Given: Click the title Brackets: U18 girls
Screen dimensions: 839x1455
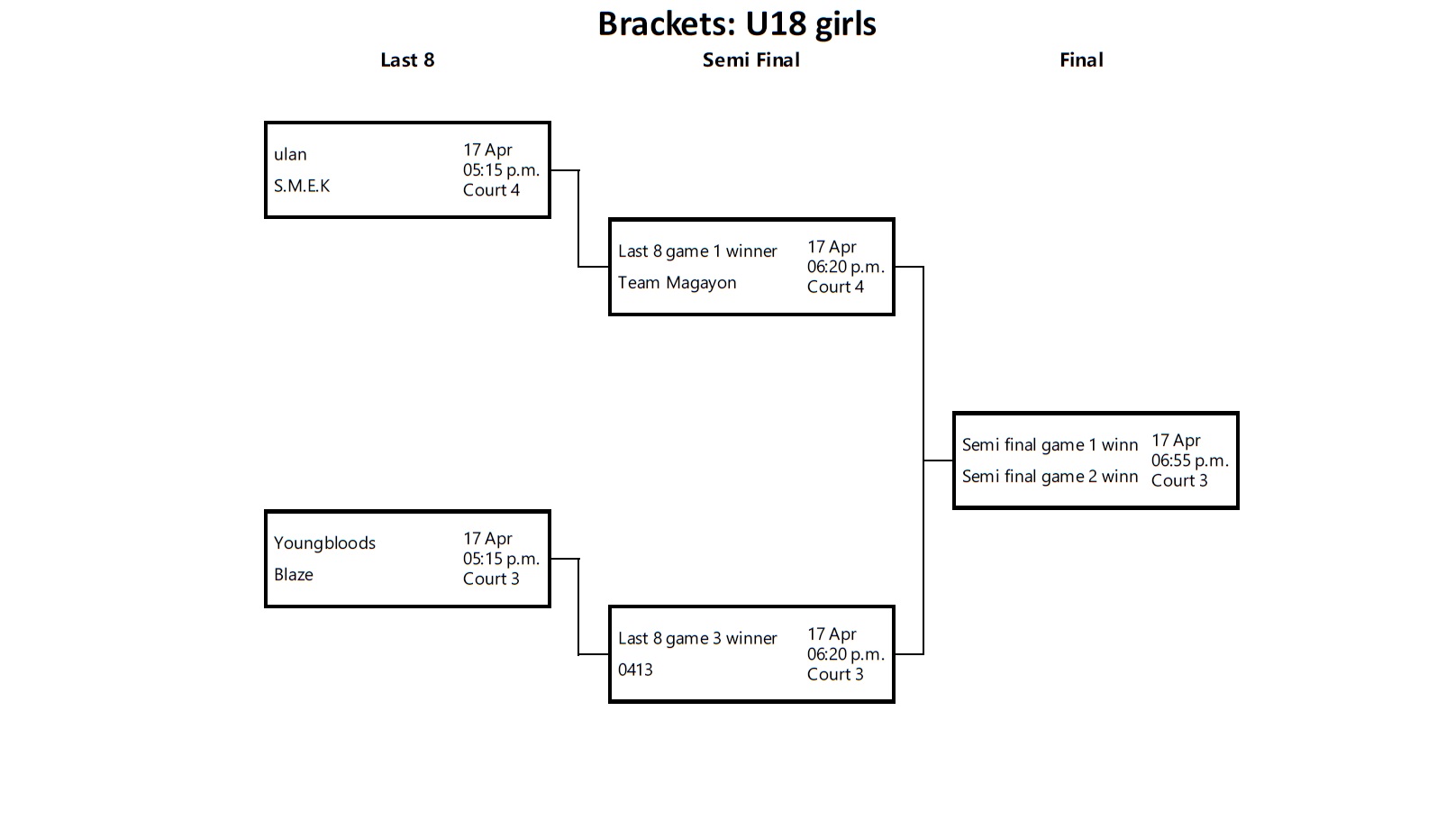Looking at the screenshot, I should (x=736, y=24).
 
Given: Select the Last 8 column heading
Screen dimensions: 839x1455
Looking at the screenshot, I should (x=407, y=60).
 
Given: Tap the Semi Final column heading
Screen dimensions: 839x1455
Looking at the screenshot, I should (x=750, y=60).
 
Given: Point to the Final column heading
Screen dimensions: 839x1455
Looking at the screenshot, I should (x=1081, y=60).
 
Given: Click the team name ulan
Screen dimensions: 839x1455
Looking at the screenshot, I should (x=290, y=155).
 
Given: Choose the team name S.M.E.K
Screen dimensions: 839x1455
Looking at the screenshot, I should (x=302, y=187).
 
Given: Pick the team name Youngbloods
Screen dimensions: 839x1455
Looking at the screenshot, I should (x=324, y=543).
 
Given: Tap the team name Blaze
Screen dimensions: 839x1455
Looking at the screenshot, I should (x=294, y=575).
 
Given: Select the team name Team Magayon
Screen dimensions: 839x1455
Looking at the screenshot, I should (x=677, y=283).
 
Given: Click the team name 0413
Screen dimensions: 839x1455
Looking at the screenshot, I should (x=635, y=670).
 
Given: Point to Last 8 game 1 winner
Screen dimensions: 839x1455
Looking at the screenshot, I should (x=697, y=251).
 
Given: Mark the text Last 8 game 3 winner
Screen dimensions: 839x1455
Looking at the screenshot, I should (x=697, y=639).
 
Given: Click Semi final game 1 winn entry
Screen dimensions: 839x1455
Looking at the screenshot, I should (x=1050, y=445).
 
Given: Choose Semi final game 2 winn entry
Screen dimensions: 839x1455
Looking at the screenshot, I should (x=1050, y=477).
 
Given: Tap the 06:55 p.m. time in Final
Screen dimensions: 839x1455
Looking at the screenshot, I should (x=1189, y=461).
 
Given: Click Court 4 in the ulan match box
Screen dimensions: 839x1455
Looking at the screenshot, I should (x=491, y=190).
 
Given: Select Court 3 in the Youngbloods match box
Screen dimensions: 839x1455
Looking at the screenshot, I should (x=491, y=579).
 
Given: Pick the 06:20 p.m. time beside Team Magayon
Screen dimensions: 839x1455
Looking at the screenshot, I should (x=845, y=267).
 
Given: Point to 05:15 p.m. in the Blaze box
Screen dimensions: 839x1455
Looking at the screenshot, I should (x=501, y=559).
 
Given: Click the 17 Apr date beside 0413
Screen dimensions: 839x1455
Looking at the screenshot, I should (x=832, y=634).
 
